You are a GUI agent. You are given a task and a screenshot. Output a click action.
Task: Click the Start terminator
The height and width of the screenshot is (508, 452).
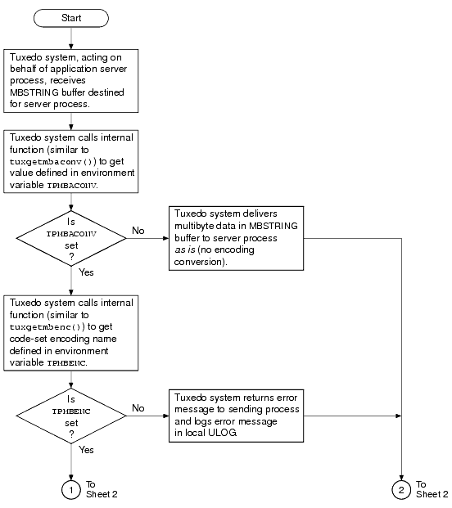point(72,16)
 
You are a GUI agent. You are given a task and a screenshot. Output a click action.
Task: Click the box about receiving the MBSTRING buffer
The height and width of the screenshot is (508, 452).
point(72,79)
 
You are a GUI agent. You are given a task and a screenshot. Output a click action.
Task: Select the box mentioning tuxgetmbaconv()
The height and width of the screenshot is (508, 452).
point(72,160)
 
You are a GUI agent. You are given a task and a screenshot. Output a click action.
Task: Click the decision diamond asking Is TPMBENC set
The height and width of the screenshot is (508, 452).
point(72,416)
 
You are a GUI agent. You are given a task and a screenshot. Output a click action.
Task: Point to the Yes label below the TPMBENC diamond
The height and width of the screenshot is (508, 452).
point(87,449)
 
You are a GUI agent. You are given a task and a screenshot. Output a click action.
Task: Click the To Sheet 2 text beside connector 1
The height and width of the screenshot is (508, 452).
point(102,488)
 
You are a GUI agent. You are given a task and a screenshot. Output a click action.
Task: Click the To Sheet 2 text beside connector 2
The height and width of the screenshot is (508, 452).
point(431,488)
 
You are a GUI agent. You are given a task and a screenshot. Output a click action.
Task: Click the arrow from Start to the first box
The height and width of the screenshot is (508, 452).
point(72,37)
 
